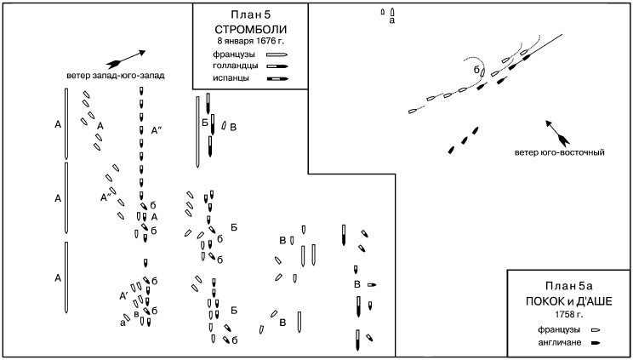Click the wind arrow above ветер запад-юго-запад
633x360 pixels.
pos(126,57)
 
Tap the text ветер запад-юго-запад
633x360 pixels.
pos(115,75)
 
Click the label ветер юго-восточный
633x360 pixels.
pos(559,153)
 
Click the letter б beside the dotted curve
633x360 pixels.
pos(477,67)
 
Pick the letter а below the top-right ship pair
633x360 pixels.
pos(391,21)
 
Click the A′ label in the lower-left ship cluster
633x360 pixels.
pos(123,295)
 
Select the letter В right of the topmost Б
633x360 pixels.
pos(234,127)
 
